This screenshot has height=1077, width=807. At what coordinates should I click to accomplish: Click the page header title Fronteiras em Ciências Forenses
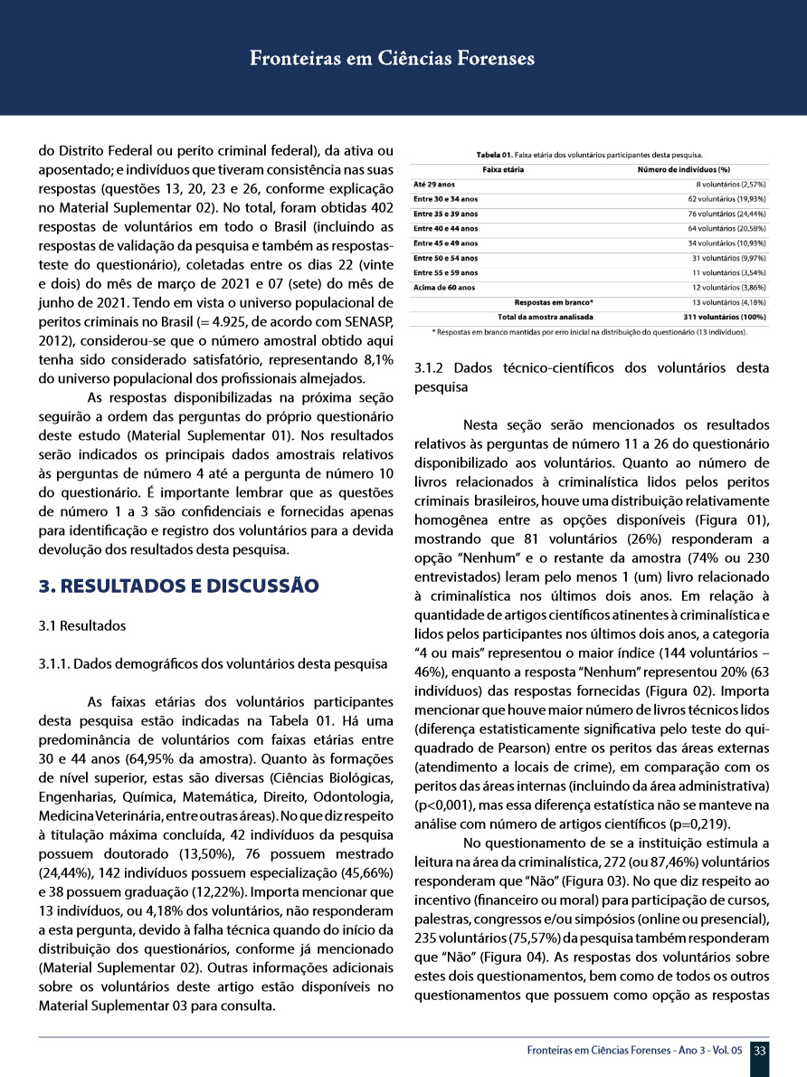point(392,60)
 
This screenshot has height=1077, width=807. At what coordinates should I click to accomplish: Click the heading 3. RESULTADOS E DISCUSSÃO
point(179,585)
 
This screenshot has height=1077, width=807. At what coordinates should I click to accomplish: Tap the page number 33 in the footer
point(760,1050)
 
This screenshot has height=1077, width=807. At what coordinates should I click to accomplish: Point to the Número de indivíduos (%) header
point(684,169)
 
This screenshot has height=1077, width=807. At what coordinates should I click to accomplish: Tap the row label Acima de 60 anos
point(444,287)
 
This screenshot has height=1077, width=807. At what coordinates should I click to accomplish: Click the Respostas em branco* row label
point(554,301)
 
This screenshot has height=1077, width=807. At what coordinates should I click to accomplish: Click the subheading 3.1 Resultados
point(82,626)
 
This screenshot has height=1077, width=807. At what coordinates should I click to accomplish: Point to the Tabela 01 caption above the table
point(590,155)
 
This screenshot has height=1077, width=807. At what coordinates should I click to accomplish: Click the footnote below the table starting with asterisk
point(590,332)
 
